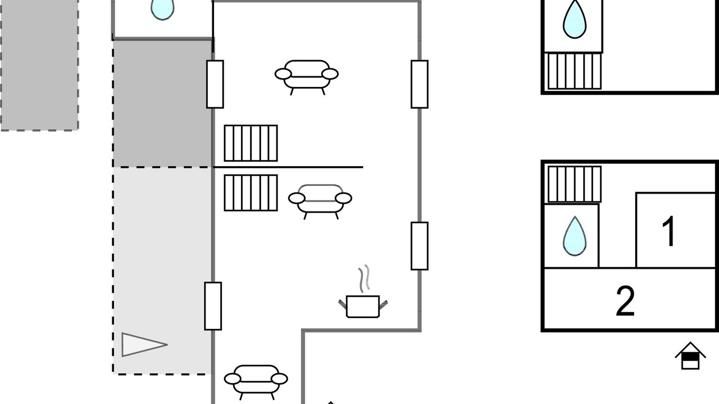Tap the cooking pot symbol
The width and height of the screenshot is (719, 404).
363,306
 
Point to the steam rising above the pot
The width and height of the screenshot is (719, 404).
365,278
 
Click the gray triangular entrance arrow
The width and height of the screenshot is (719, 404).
144,345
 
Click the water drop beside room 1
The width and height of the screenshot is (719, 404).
575,236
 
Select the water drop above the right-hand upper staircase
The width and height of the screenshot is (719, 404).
575,19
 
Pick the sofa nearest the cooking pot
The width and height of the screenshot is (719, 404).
320,201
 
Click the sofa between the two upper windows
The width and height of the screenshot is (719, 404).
307,77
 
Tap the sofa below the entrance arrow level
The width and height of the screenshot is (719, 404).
256,382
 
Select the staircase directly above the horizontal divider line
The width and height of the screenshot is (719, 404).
251,143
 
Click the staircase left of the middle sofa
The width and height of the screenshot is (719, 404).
251,192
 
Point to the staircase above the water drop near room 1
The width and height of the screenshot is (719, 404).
574,184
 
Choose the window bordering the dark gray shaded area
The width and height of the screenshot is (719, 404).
215,84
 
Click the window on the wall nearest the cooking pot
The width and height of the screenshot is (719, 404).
420,246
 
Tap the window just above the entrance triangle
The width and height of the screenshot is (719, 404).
213,306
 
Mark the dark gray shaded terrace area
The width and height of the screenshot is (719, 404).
162,103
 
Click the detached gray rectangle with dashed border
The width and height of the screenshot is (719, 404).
39,65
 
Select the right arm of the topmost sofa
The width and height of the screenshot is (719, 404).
330,74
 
